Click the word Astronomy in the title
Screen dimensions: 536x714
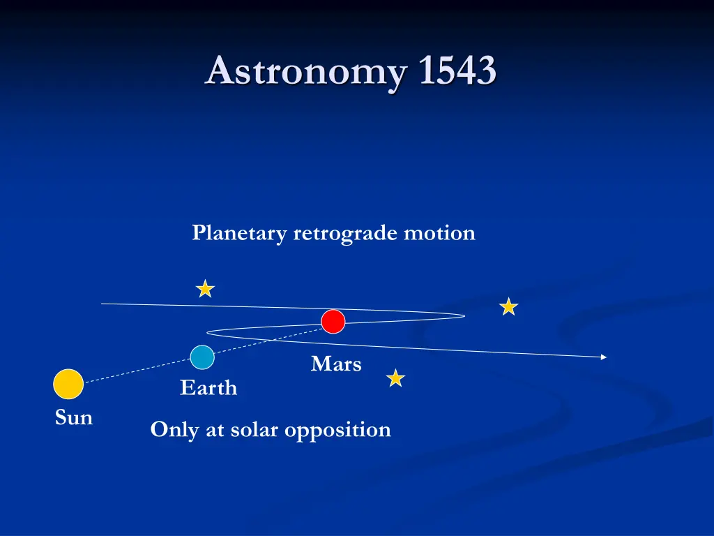click(x=304, y=71)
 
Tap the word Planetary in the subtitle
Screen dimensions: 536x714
click(x=239, y=233)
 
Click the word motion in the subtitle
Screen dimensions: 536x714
click(x=439, y=232)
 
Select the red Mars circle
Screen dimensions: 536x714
click(x=333, y=322)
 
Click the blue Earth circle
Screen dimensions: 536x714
click(x=202, y=357)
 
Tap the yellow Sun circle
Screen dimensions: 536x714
click(x=68, y=384)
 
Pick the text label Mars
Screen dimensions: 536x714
click(x=336, y=364)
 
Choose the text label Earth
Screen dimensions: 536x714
click(x=208, y=388)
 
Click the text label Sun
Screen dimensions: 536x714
click(x=74, y=418)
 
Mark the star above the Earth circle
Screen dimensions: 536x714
click(x=205, y=289)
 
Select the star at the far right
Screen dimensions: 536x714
click(x=509, y=306)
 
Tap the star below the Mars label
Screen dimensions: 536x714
click(x=395, y=378)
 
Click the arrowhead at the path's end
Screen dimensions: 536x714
click(x=603, y=357)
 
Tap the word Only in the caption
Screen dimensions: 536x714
click(x=174, y=429)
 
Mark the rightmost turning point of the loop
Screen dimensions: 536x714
click(x=464, y=316)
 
